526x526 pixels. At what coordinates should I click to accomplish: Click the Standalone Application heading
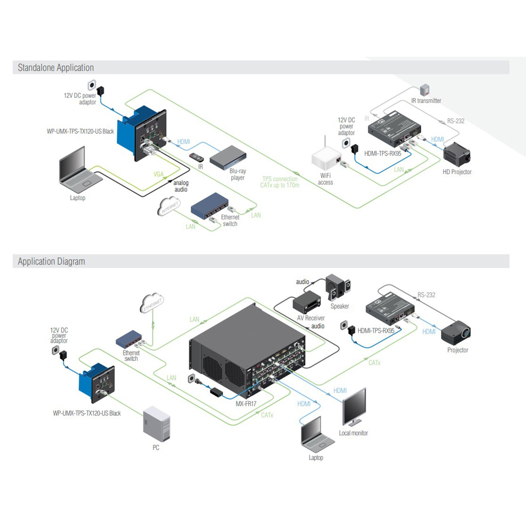56,68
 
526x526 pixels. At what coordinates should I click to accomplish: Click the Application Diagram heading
51,261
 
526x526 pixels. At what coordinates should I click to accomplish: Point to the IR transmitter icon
424,90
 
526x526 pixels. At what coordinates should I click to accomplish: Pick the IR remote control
196,157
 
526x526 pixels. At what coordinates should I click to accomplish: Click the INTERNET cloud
168,206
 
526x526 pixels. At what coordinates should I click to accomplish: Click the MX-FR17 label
246,404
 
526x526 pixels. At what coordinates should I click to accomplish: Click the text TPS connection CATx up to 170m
280,182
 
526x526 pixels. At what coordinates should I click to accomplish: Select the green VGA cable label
159,174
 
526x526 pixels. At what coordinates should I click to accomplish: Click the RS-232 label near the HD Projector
456,121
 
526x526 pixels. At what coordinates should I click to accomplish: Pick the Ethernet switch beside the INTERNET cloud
210,205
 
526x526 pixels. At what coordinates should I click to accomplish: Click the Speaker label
339,306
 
